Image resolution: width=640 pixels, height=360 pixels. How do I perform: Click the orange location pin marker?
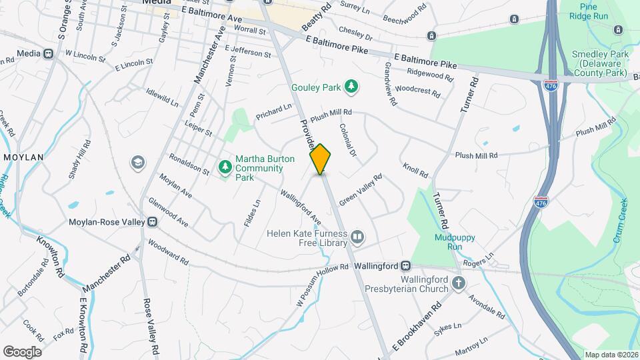(321, 159)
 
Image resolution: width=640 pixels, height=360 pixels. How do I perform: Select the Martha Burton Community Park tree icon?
(225, 167)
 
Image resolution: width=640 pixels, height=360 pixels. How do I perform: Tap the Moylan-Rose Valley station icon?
(153, 221)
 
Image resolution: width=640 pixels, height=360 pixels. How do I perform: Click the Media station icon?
(49, 53)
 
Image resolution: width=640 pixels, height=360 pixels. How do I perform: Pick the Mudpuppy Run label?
(448, 241)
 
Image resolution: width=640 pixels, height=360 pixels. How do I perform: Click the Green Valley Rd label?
(360, 190)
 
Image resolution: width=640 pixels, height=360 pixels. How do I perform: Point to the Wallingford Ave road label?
(301, 207)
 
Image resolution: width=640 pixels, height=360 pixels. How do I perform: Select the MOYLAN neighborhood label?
(23, 157)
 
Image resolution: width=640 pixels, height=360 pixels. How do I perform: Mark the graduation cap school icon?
(138, 163)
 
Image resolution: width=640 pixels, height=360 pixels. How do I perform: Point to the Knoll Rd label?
(415, 171)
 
